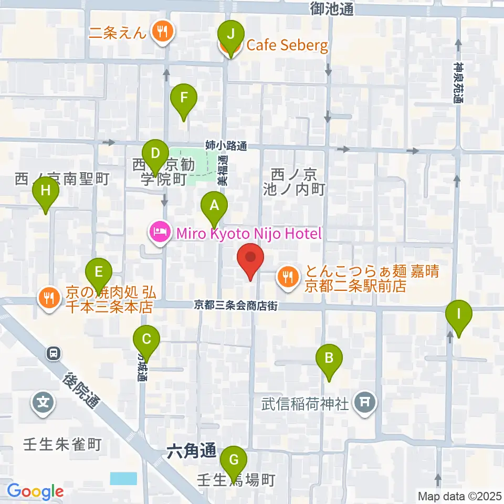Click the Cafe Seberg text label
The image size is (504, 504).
coord(287,45)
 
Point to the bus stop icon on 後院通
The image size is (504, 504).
coord(53,354)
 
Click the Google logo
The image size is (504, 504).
coord(35,491)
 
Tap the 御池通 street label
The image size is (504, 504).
coord(332,9)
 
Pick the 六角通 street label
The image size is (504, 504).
coord(192,450)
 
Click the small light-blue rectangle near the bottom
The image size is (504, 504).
coord(124,478)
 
